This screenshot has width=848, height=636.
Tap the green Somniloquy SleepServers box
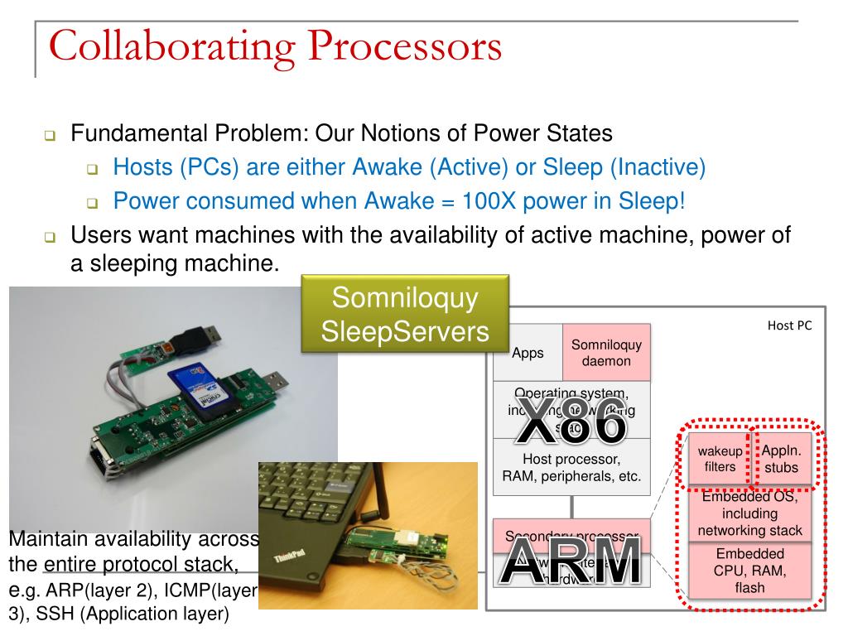405,315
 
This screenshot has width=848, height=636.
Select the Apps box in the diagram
528,354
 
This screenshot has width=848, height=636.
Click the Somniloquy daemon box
606,353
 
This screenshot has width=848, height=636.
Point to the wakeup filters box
720,459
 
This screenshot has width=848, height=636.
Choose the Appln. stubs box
781,459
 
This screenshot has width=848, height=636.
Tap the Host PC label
789,325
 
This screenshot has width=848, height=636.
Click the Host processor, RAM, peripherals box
571,467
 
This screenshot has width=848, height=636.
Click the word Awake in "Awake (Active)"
388,168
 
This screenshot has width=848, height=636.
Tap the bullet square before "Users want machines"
50,238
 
